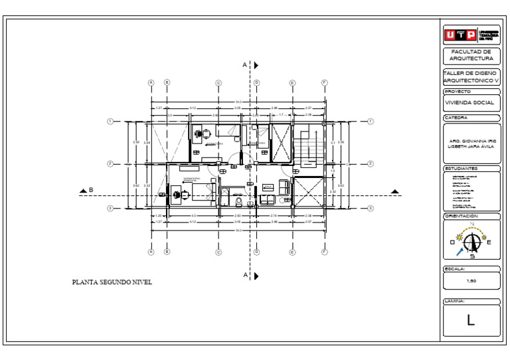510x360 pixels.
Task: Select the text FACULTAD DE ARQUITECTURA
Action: pyautogui.click(x=471, y=54)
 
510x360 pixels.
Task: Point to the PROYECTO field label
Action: pyautogui.click(x=458, y=91)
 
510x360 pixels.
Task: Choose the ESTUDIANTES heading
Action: pyautogui.click(x=461, y=169)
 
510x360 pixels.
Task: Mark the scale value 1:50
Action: pyautogui.click(x=471, y=280)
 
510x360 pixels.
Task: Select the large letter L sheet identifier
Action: pyautogui.click(x=471, y=321)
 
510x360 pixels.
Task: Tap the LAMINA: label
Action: pyautogui.click(x=454, y=302)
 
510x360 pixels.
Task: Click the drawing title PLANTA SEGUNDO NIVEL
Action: pyautogui.click(x=112, y=282)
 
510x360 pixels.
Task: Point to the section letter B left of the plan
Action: pyautogui.click(x=91, y=190)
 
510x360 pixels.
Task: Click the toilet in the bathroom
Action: pyautogui.click(x=240, y=200)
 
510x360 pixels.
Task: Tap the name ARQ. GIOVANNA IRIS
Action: pyautogui.click(x=472, y=141)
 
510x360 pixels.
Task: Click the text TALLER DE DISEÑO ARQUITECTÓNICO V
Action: pyautogui.click(x=471, y=76)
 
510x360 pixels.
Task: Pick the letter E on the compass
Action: pyautogui.click(x=489, y=242)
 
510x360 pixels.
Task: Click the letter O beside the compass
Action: pyautogui.click(x=452, y=242)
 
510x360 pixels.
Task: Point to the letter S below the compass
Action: pyautogui.click(x=471, y=256)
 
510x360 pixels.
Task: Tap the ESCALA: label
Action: pyautogui.click(x=454, y=269)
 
